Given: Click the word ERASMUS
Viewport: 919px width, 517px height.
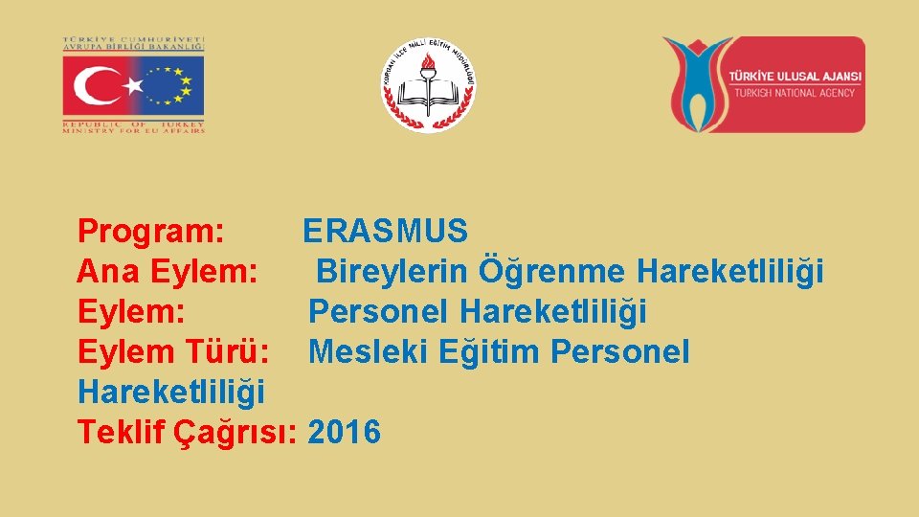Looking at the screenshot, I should pos(385,231).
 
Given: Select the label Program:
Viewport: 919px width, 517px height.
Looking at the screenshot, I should pos(151,231).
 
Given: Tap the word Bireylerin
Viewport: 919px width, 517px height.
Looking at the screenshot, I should pos(392,271).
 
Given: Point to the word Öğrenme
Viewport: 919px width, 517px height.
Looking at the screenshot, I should pos(551,271).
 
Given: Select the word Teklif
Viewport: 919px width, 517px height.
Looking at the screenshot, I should pos(122,432).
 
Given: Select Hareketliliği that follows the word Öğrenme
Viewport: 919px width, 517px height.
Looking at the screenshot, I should pos(729,271).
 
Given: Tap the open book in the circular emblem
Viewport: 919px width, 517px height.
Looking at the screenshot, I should pos(428,95).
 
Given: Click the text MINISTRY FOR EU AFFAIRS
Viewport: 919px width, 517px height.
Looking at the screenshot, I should pos(134,130).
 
